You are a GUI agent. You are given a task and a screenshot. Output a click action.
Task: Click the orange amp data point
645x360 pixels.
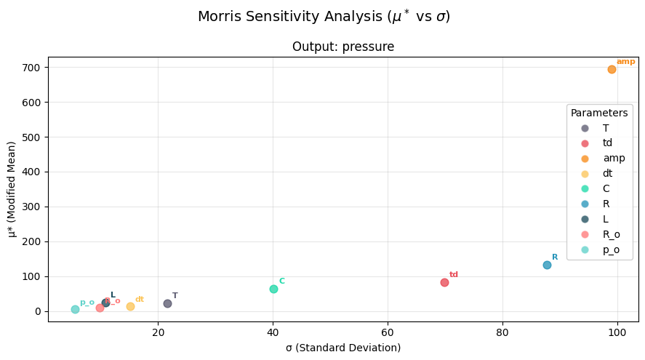point(612,69)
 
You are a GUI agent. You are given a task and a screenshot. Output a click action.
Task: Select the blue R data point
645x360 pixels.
point(547,265)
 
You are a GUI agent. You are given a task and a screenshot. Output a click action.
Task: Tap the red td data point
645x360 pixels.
point(444,282)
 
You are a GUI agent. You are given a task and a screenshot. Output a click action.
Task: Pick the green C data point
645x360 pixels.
point(273,289)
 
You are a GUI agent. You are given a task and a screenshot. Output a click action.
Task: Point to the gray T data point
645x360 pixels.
point(167,303)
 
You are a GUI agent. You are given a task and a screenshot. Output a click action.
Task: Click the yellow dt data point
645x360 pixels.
point(130,306)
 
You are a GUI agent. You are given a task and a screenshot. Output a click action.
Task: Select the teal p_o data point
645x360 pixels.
point(75,309)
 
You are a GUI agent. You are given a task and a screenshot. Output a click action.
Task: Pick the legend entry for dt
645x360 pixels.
point(607,173)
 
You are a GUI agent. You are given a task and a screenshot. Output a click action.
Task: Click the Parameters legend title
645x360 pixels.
point(598,113)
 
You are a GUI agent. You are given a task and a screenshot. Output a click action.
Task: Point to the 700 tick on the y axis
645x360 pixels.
point(32,68)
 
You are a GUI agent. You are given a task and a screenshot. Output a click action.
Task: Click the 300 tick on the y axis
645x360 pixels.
point(32,207)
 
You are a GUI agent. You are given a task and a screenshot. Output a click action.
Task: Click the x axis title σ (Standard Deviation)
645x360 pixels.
point(343,348)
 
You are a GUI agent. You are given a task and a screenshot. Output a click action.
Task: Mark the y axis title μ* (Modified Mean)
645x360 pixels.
point(12,189)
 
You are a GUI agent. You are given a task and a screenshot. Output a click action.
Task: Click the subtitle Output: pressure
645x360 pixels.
point(343,47)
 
